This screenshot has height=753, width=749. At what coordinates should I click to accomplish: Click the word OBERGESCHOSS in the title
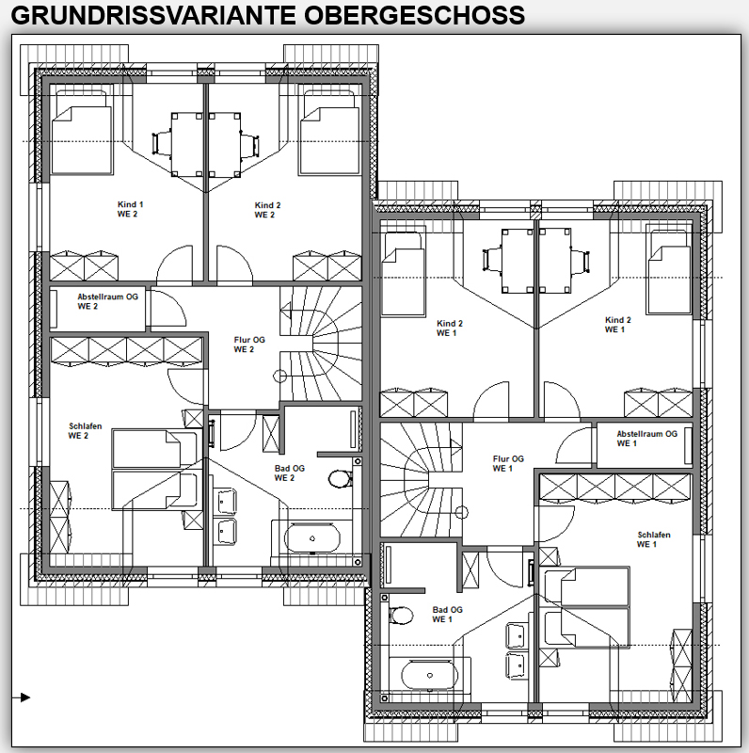414,15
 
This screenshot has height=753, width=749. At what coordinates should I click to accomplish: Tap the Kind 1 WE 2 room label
130,209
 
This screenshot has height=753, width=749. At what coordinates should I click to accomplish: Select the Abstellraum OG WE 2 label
107,301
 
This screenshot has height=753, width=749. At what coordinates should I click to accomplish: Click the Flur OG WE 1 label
508,463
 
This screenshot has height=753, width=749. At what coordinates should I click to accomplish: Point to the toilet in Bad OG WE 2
341,478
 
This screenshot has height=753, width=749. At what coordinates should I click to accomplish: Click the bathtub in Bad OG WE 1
430,675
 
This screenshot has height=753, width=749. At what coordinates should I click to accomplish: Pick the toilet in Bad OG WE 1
401,616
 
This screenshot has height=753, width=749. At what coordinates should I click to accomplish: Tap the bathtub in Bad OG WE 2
312,538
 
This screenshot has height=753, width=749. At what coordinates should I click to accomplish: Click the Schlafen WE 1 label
653,539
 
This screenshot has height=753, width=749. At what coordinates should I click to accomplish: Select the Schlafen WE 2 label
85,431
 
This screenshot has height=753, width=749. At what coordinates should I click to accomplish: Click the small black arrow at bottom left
22,697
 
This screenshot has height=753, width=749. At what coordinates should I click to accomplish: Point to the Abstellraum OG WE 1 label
646,439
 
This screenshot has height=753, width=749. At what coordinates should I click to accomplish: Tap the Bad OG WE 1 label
447,615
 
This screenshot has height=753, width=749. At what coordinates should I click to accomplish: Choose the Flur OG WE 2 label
249,344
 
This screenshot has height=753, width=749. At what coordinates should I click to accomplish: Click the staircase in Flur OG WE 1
422,480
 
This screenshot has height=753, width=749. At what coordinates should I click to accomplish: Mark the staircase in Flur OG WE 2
321,344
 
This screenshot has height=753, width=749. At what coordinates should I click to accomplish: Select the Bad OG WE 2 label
289,473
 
